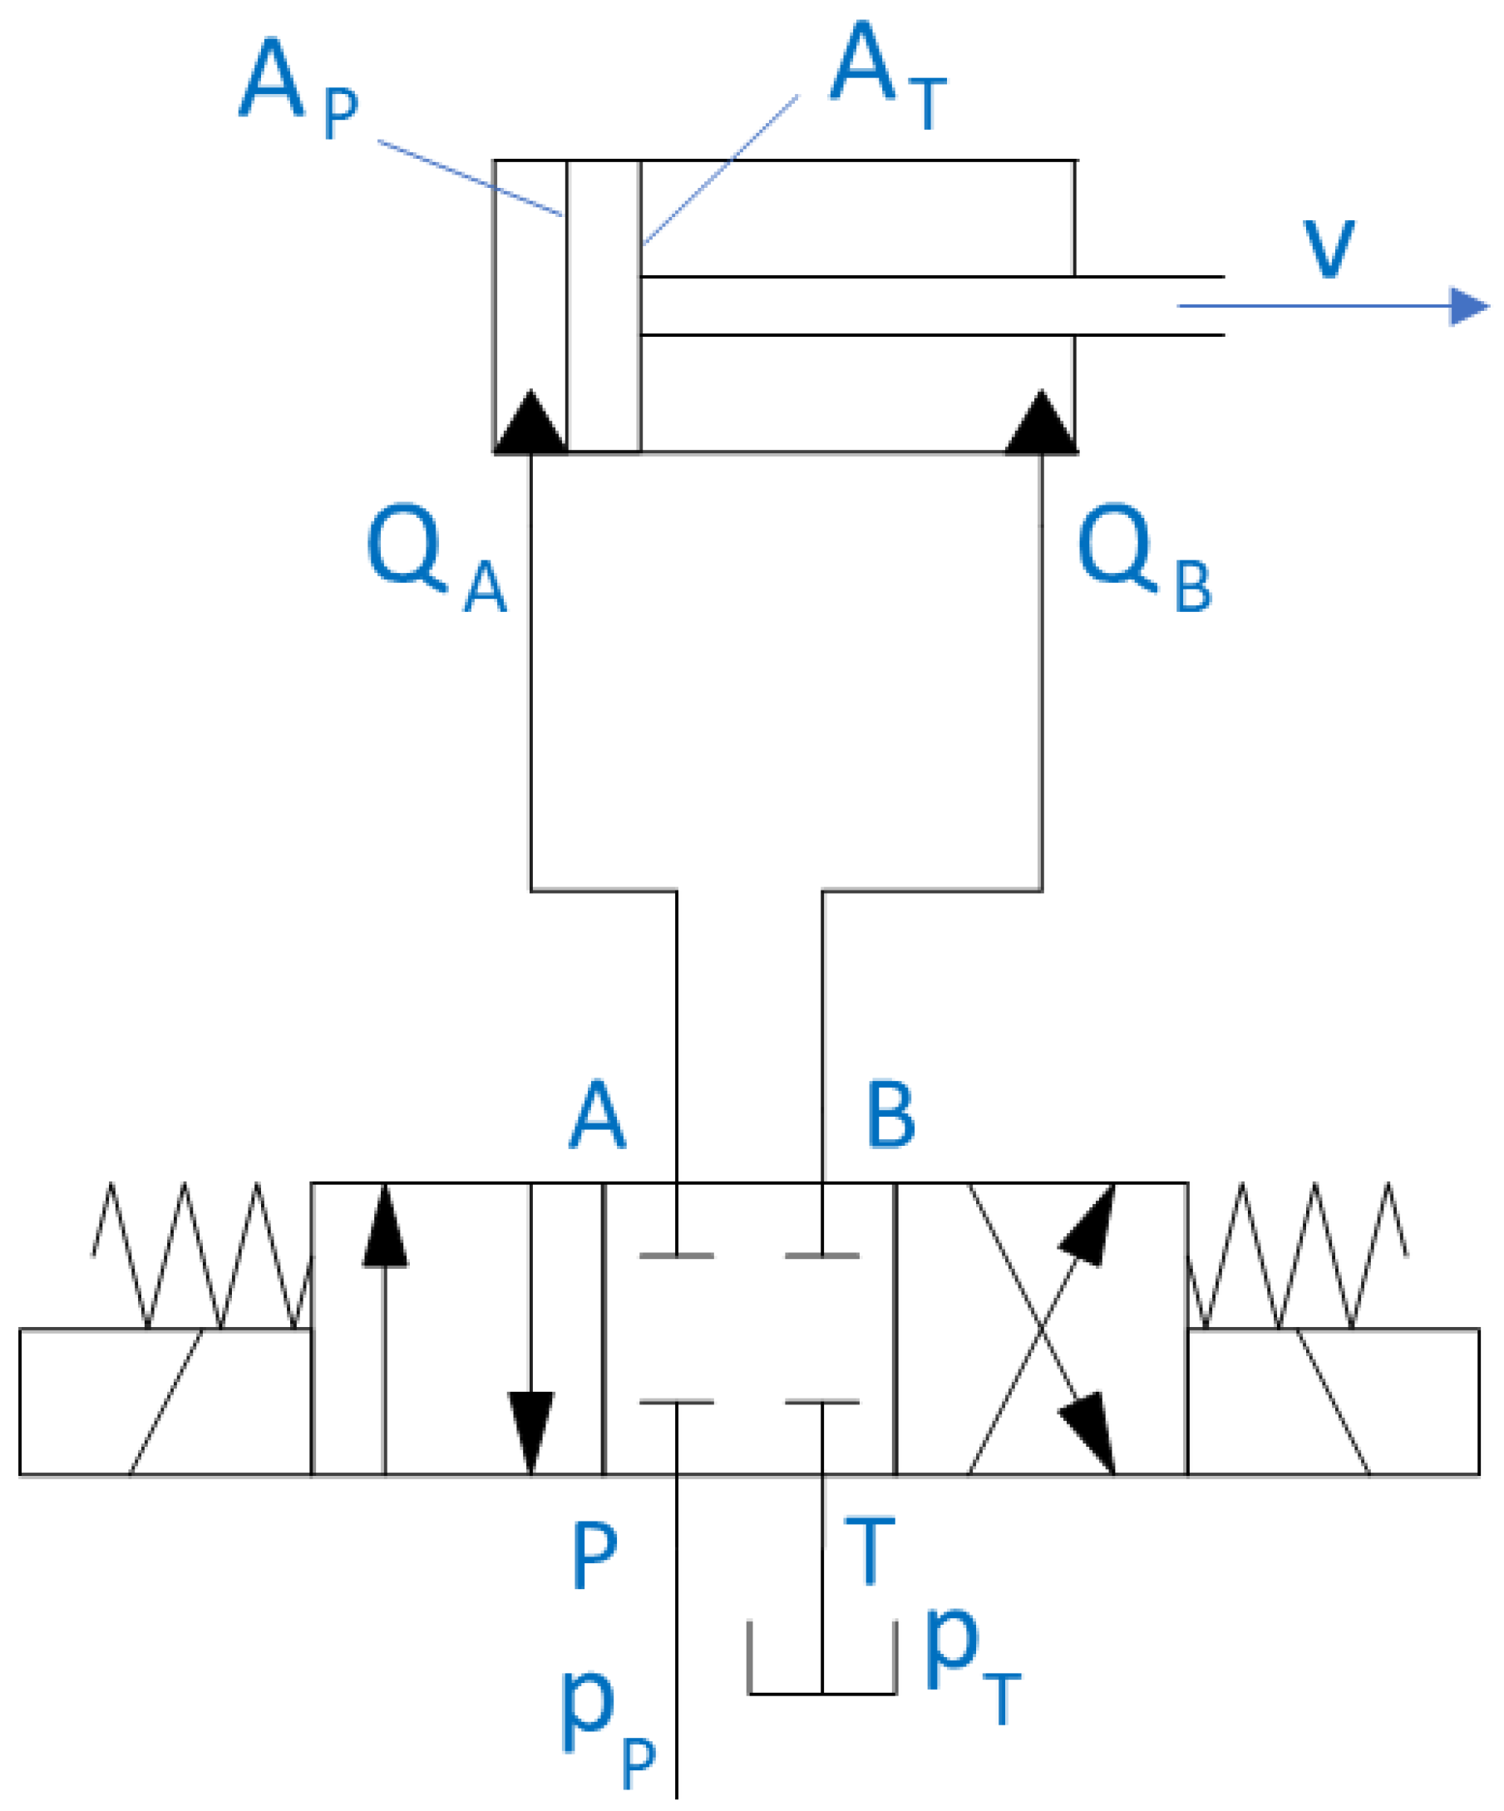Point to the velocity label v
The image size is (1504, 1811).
click(1328, 249)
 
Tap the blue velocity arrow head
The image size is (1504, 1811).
click(1467, 306)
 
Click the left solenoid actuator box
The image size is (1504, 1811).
click(164, 1402)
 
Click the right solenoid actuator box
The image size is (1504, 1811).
click(1334, 1402)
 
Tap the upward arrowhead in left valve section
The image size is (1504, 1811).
click(385, 1228)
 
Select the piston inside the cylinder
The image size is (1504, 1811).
click(603, 306)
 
